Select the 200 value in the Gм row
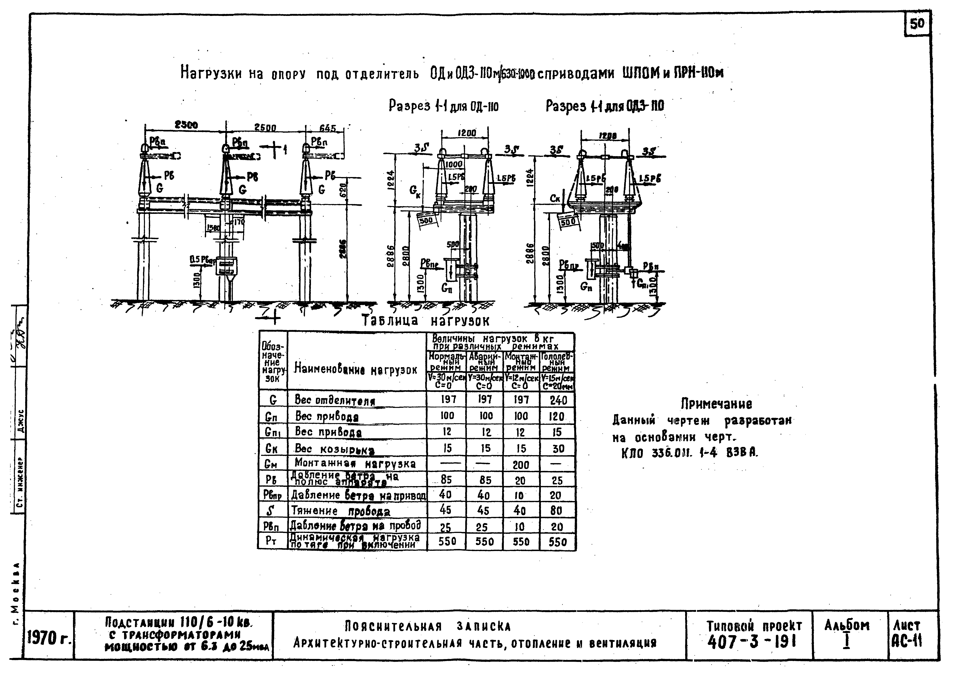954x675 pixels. point(521,464)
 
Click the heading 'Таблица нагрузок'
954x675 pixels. point(426,321)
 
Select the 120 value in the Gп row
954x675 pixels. point(556,416)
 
